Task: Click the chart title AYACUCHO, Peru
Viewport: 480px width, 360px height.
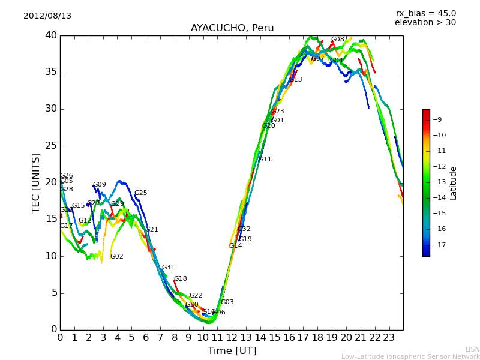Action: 232,28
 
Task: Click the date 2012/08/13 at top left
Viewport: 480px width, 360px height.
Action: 47,16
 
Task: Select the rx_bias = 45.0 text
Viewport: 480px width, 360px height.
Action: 425,13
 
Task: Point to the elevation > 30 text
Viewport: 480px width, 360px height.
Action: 425,23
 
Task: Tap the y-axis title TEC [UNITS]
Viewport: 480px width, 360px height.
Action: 36,182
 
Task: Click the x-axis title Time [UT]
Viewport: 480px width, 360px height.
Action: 232,350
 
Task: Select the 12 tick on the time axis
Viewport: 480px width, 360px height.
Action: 232,338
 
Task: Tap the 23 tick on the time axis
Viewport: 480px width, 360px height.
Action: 389,338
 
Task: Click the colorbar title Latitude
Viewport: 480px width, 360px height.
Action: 454,183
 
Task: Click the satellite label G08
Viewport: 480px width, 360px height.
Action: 338,40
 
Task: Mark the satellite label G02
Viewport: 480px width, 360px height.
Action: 116,257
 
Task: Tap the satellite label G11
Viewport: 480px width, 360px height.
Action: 265,160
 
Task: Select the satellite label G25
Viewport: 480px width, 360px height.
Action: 140,193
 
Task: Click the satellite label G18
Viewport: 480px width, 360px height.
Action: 180,279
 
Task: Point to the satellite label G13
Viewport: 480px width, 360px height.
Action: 295,80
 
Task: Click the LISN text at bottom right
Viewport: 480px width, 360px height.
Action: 472,349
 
